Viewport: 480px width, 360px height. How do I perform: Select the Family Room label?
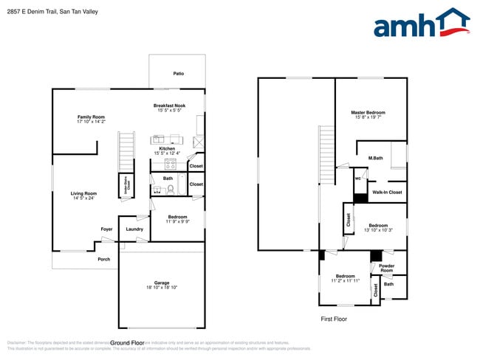(92, 117)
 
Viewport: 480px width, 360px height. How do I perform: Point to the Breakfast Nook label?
(170, 105)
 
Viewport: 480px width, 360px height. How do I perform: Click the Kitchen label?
(168, 148)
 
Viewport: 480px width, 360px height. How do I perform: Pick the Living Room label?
(83, 193)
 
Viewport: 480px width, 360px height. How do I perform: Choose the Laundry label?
(134, 229)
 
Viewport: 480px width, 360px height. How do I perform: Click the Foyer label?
(107, 229)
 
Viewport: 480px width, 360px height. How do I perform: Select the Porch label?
(104, 259)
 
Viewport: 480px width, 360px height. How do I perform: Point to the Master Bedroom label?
(368, 112)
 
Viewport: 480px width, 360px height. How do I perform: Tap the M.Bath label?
(376, 158)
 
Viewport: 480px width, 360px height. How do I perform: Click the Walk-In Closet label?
(387, 193)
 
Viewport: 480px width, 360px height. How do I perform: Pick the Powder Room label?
(387, 268)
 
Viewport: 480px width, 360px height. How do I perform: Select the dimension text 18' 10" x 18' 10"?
(162, 288)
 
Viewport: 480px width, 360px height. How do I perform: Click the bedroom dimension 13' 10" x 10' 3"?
(378, 230)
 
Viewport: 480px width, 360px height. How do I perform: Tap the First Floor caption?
(333, 319)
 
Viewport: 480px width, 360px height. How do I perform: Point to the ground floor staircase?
(127, 151)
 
